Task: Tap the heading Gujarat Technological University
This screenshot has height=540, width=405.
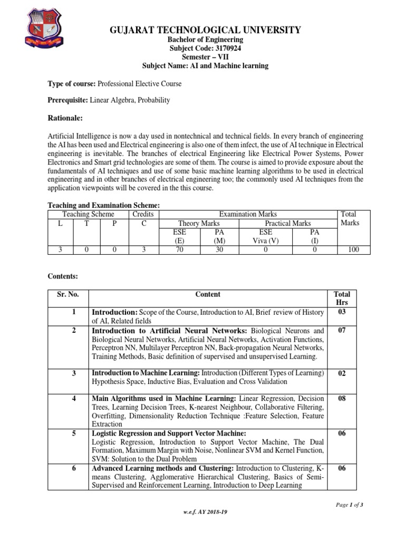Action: (205, 30)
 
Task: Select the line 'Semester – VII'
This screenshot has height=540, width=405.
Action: (205, 57)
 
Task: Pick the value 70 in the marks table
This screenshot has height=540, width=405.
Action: (179, 249)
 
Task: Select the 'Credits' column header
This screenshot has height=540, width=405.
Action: (142, 214)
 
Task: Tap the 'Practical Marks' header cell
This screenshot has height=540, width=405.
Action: (287, 224)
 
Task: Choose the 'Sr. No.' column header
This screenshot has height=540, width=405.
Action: (67, 294)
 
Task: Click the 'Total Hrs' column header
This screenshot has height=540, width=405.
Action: (342, 298)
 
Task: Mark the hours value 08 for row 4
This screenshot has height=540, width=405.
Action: (342, 399)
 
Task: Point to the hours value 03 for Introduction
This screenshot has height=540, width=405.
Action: (342, 312)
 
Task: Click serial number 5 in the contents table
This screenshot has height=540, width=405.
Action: (74, 433)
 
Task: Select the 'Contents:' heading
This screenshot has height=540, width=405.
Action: (63, 276)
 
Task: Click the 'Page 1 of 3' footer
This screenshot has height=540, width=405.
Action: (350, 505)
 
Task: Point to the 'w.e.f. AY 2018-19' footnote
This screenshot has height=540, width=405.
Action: (205, 512)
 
